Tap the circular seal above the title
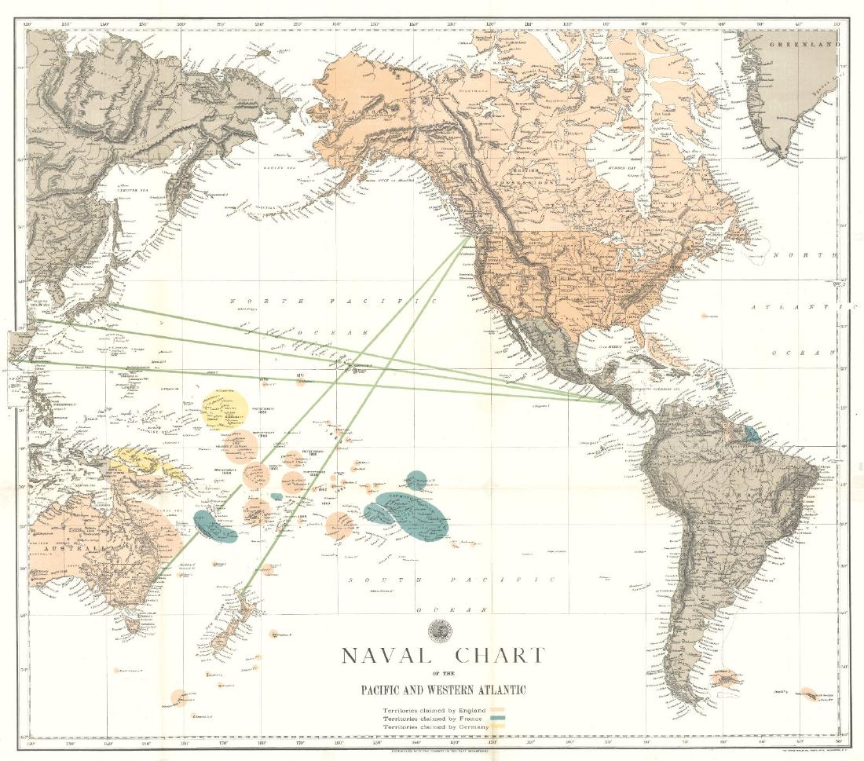[x=435, y=628]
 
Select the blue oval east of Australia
[x=216, y=526]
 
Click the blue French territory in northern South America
[x=752, y=433]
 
